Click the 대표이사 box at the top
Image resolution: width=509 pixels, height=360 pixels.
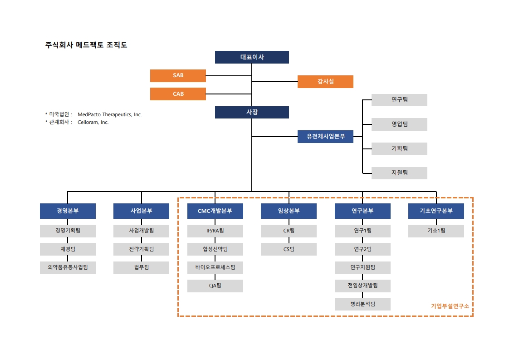[x=252, y=57]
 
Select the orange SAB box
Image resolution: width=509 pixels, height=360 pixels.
[x=178, y=75]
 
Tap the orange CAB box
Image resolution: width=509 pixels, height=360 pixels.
[x=178, y=94]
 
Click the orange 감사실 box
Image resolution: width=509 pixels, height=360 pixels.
[x=325, y=82]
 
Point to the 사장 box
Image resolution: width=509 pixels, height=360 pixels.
[x=252, y=112]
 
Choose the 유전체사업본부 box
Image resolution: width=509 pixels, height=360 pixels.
[x=325, y=137]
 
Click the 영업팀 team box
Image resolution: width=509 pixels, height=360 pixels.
[x=399, y=124]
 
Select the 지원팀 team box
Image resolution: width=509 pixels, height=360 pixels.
[x=399, y=173]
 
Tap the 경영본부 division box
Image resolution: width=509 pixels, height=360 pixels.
[x=68, y=211]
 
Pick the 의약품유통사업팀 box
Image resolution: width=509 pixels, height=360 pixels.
[x=68, y=268]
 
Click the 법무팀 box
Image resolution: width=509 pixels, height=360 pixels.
[x=141, y=268]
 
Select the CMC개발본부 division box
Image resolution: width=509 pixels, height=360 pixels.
[x=215, y=211]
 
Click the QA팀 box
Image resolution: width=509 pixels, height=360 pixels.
[x=215, y=286]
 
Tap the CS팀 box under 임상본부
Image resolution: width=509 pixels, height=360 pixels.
[x=289, y=249]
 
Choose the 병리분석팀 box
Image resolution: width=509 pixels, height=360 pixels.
[x=362, y=304]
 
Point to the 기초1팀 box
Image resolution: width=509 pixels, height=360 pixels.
[x=436, y=231]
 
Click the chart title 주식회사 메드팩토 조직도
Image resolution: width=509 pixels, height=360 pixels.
[x=86, y=45]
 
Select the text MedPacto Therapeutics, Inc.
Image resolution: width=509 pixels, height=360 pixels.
[x=110, y=114]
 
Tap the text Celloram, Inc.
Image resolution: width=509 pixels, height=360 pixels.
[x=93, y=122]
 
